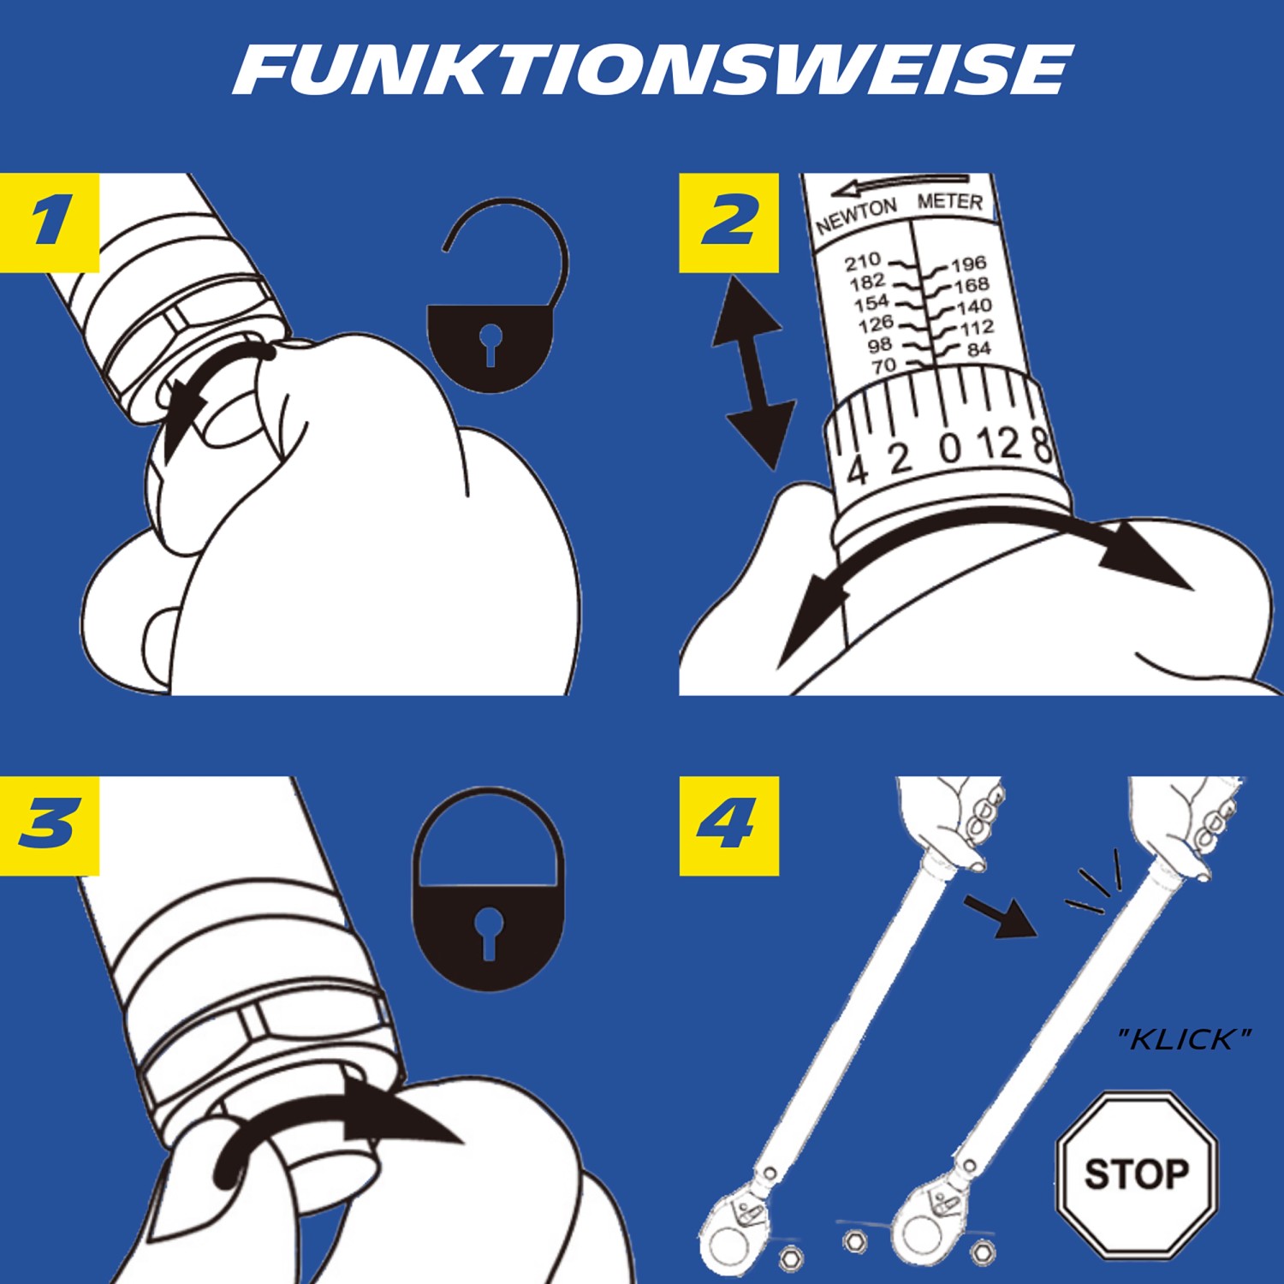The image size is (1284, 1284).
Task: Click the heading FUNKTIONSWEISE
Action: pyautogui.click(x=651, y=70)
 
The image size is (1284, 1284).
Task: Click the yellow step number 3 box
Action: pyautogui.click(x=50, y=825)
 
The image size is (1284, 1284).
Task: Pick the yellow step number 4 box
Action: pyautogui.click(x=728, y=825)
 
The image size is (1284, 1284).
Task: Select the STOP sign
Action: pyautogui.click(x=1136, y=1174)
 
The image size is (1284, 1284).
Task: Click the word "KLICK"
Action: pyautogui.click(x=1185, y=1039)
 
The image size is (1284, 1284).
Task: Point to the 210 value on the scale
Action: pyautogui.click(x=862, y=260)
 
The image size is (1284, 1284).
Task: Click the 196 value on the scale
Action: pyautogui.click(x=969, y=264)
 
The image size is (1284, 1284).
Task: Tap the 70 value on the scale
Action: pyautogui.click(x=883, y=366)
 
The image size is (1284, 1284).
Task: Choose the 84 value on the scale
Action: pyautogui.click(x=978, y=349)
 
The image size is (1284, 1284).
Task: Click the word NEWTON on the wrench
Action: pyautogui.click(x=856, y=216)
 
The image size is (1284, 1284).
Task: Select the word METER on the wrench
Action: pyautogui.click(x=949, y=202)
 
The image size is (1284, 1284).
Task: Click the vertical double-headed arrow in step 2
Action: pyautogui.click(x=749, y=372)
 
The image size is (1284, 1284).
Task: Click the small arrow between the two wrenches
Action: pyautogui.click(x=1000, y=916)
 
